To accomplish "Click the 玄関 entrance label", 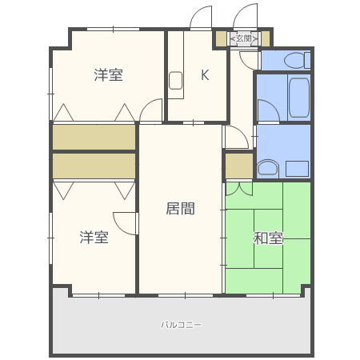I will click(242, 38).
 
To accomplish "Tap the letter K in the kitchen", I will click(205, 76).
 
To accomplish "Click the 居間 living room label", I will click(180, 209).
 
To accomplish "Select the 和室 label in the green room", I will click(268, 238).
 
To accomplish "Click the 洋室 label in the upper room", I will click(108, 75).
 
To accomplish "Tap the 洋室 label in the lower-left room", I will click(94, 237).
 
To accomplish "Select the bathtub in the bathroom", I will click(298, 98).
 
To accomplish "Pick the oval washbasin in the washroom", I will click(267, 168).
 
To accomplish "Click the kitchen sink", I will click(176, 79).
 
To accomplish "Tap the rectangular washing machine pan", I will click(297, 168).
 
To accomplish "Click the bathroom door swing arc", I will click(266, 110).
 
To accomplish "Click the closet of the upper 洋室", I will click(94, 138).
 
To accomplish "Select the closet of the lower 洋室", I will click(94, 166).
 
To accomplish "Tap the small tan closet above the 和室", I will click(238, 166).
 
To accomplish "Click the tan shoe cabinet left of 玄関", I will click(221, 38).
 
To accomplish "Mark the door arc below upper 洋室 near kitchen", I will click(150, 113).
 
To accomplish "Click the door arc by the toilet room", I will click(250, 58).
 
